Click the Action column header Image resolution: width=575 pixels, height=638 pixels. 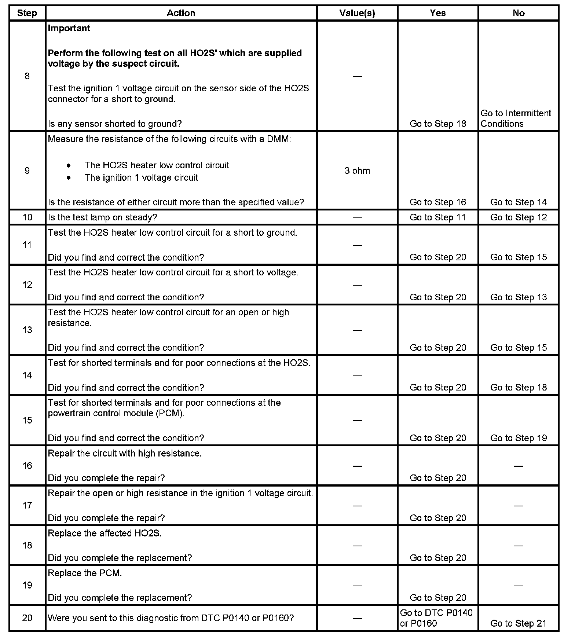point(181,13)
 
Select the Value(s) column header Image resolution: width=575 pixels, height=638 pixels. point(357,13)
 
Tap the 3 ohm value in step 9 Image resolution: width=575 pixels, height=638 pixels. point(357,171)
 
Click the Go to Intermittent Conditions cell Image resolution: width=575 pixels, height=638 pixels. point(516,118)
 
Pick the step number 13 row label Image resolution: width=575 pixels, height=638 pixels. point(28,330)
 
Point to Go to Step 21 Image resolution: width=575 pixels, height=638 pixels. point(518,623)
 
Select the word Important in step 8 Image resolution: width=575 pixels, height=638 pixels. point(69,28)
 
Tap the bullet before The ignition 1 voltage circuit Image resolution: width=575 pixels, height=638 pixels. point(69,178)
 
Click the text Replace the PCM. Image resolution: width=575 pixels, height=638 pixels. point(85,573)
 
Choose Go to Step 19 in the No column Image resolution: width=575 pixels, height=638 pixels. point(518,438)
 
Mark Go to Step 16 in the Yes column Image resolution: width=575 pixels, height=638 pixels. point(437,202)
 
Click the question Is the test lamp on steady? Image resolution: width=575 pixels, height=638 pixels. point(102,217)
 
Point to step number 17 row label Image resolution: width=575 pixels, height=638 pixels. point(28,506)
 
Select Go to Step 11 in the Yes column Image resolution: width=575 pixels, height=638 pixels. point(437,217)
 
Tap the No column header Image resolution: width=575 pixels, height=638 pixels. point(519,13)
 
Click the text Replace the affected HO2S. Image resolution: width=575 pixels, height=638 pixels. point(105,533)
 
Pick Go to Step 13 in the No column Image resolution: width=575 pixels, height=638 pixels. point(518,297)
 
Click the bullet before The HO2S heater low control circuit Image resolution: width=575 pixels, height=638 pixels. point(69,166)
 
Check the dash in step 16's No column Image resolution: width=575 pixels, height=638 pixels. point(518,466)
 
